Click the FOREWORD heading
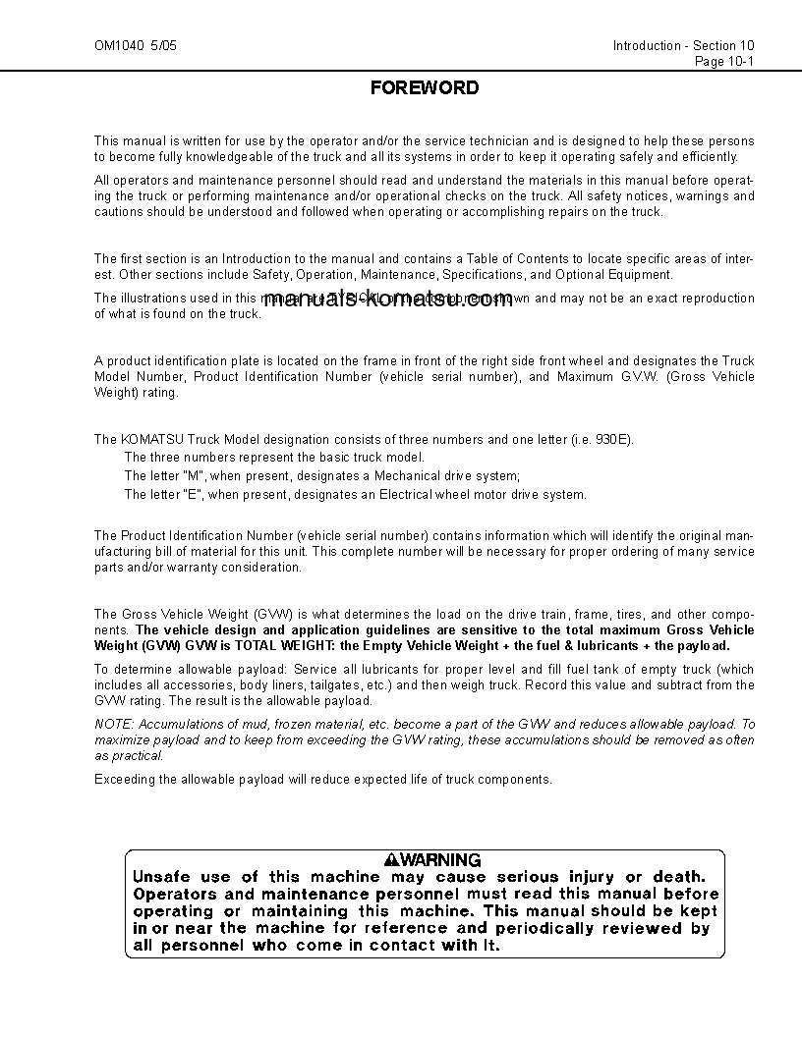click(x=425, y=88)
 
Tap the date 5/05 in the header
click(x=164, y=46)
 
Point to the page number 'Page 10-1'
click(x=724, y=61)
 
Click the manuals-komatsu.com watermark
click(x=388, y=300)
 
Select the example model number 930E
click(x=613, y=439)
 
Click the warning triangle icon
click(x=393, y=859)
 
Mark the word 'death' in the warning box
click(x=679, y=876)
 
